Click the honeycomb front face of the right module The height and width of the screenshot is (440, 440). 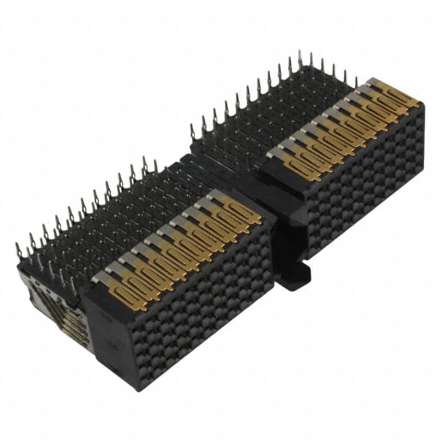[364, 179]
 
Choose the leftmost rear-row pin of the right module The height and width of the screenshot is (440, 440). [193, 126]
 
